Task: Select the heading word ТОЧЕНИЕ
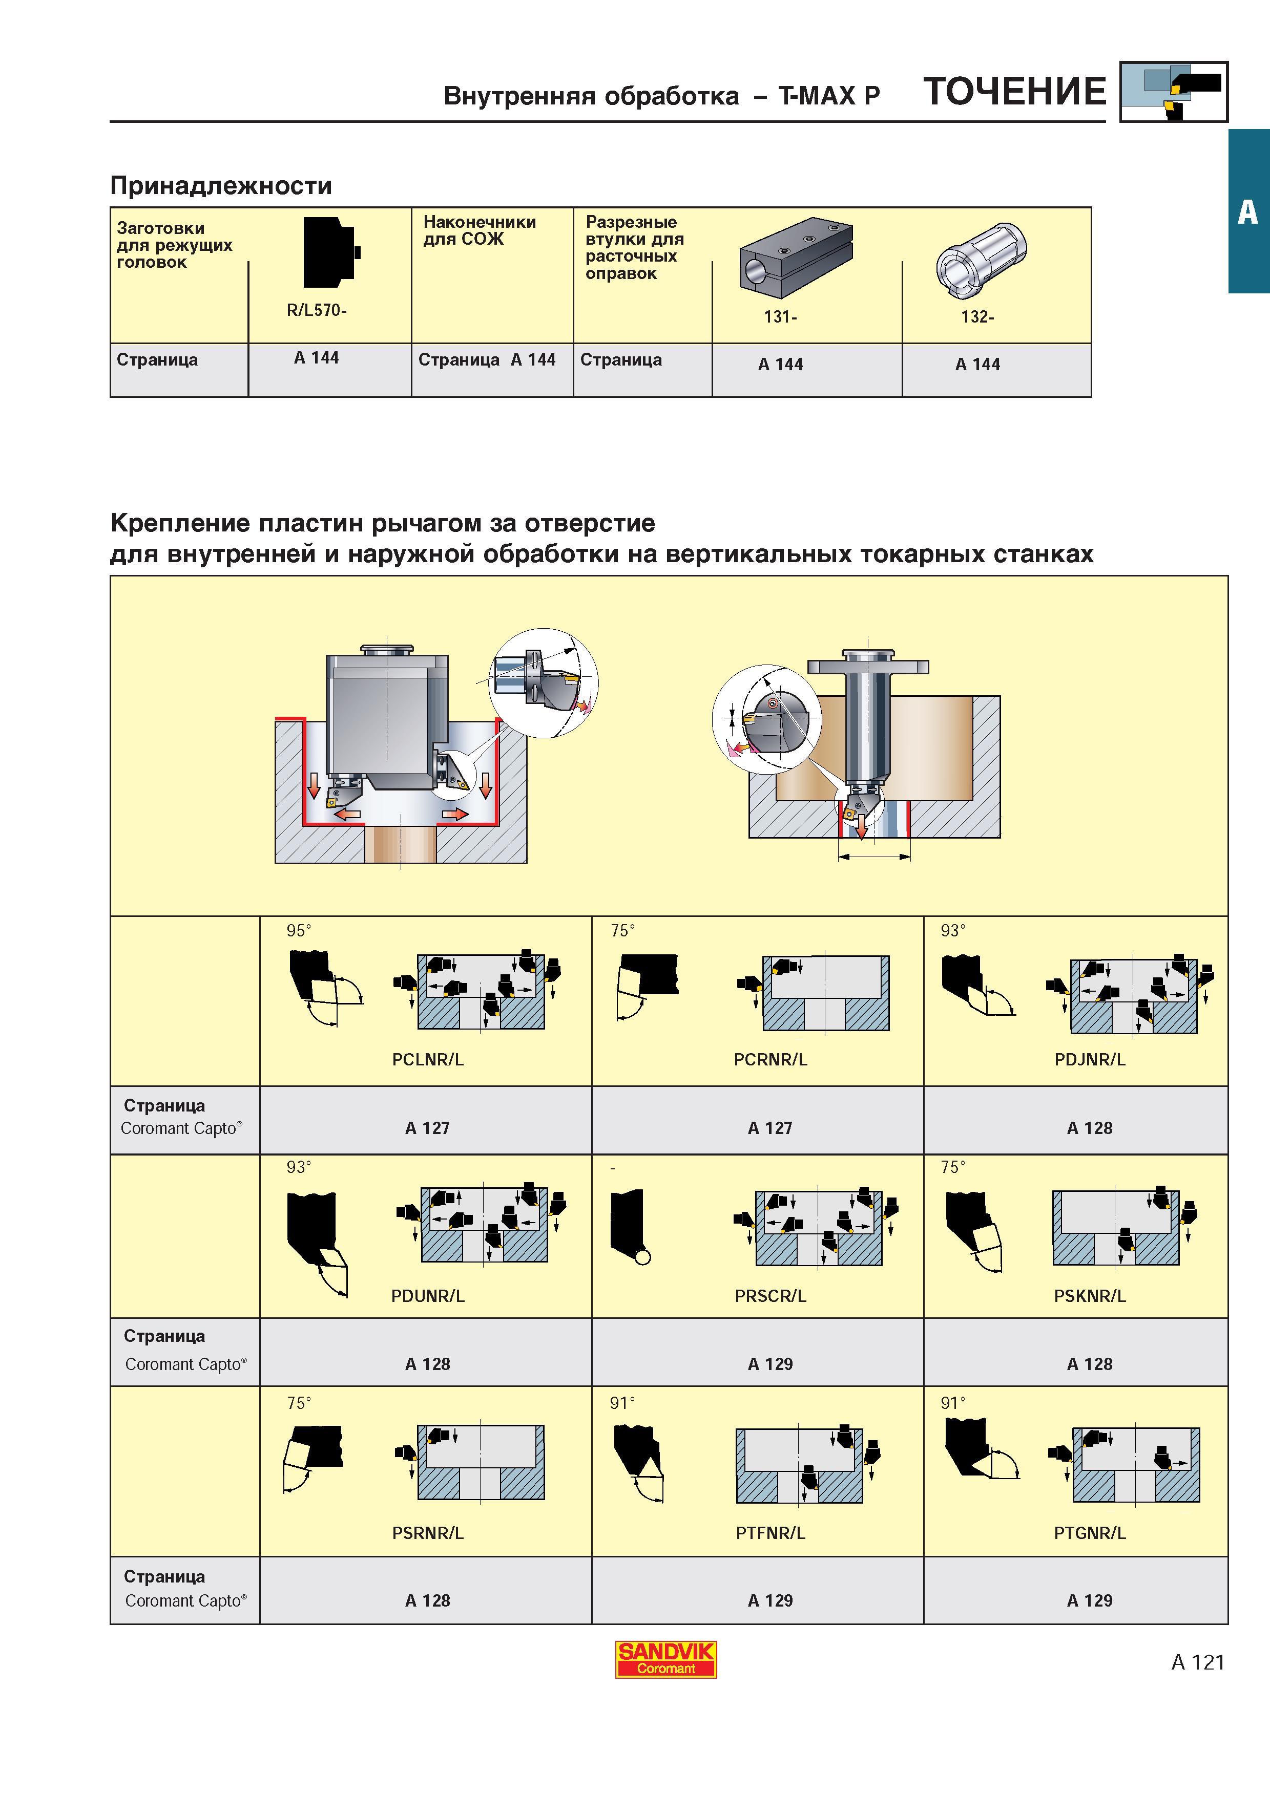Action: [1015, 92]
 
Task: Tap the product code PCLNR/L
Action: [427, 1059]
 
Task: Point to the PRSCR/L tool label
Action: [770, 1295]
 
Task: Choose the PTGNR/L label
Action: [1089, 1532]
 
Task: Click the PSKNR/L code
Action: [1089, 1295]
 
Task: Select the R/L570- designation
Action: [316, 310]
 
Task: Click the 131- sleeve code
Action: [780, 317]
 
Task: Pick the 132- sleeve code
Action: [977, 317]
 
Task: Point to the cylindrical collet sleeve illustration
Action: [981, 259]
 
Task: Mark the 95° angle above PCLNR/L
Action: [298, 930]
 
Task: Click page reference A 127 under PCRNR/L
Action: [770, 1127]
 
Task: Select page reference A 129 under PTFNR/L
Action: [770, 1600]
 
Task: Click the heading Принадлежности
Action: [221, 185]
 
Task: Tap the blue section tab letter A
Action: [1248, 211]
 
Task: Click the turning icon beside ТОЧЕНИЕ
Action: [1174, 92]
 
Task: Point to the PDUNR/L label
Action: [427, 1295]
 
